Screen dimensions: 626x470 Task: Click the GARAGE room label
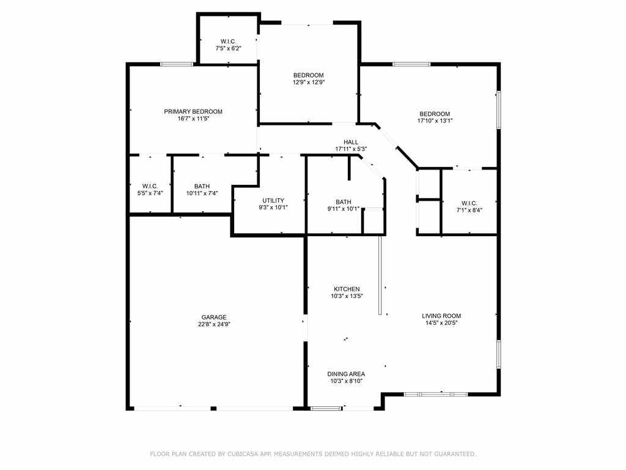[214, 318]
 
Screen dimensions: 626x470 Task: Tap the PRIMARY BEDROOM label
[193, 111]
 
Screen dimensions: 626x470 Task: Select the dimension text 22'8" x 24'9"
[214, 324]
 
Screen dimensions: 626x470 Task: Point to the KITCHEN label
[347, 289]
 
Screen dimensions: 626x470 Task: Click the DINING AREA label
[346, 374]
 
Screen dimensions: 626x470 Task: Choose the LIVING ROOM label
[441, 316]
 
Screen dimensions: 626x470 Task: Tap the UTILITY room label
[273, 201]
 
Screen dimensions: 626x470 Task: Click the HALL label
[351, 142]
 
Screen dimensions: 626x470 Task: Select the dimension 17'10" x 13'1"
[435, 121]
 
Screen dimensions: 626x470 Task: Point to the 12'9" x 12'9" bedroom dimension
[309, 83]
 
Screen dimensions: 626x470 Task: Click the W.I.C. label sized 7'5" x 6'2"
[229, 42]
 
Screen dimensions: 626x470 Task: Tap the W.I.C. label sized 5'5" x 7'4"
[150, 186]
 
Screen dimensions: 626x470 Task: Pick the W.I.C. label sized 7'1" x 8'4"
[469, 203]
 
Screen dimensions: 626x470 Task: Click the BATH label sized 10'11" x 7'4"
[202, 186]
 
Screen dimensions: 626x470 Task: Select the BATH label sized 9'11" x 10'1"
[344, 202]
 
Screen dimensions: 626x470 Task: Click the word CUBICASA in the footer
[242, 454]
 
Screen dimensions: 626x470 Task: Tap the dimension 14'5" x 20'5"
[441, 323]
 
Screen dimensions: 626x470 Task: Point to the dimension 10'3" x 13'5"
[347, 296]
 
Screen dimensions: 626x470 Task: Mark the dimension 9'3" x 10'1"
[273, 207]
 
